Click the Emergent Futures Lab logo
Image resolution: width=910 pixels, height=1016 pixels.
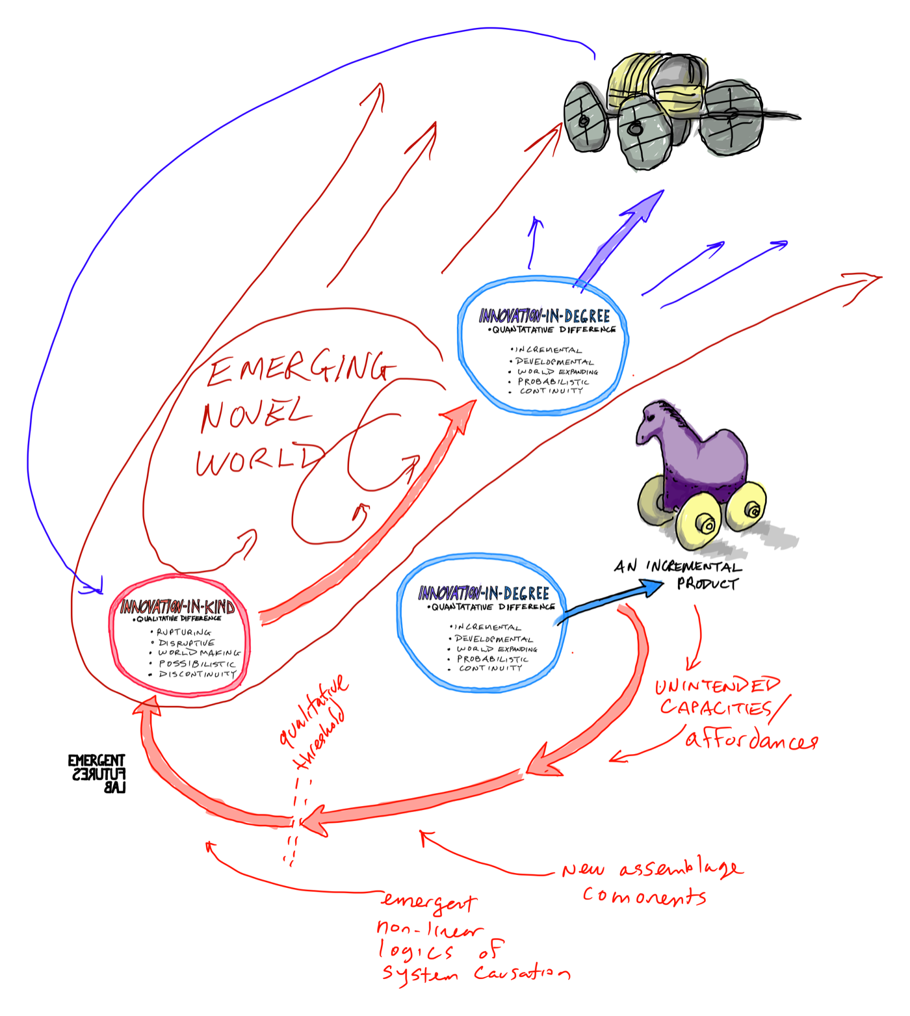point(97,774)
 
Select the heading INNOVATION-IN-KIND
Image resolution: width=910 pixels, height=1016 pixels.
point(177,607)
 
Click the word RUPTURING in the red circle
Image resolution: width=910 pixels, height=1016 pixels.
point(184,632)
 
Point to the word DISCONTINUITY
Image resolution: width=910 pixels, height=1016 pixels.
point(197,674)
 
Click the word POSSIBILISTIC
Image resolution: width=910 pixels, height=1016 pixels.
point(197,664)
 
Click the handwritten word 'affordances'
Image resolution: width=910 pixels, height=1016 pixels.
point(751,740)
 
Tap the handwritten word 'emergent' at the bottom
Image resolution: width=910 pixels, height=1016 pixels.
point(429,902)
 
